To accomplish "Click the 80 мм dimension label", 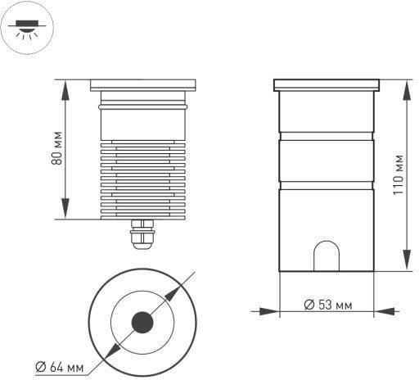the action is (x=56, y=148).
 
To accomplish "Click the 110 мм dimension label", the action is (x=399, y=174).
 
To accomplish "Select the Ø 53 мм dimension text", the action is (x=328, y=305).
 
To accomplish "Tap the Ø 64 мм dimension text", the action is (x=60, y=367).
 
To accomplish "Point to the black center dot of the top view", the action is (x=142, y=323).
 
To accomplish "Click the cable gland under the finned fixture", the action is (x=142, y=234).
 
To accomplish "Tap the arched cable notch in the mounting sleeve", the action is (x=327, y=256).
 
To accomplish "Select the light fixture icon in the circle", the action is (x=27, y=29).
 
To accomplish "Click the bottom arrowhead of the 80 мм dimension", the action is (x=65, y=209).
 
